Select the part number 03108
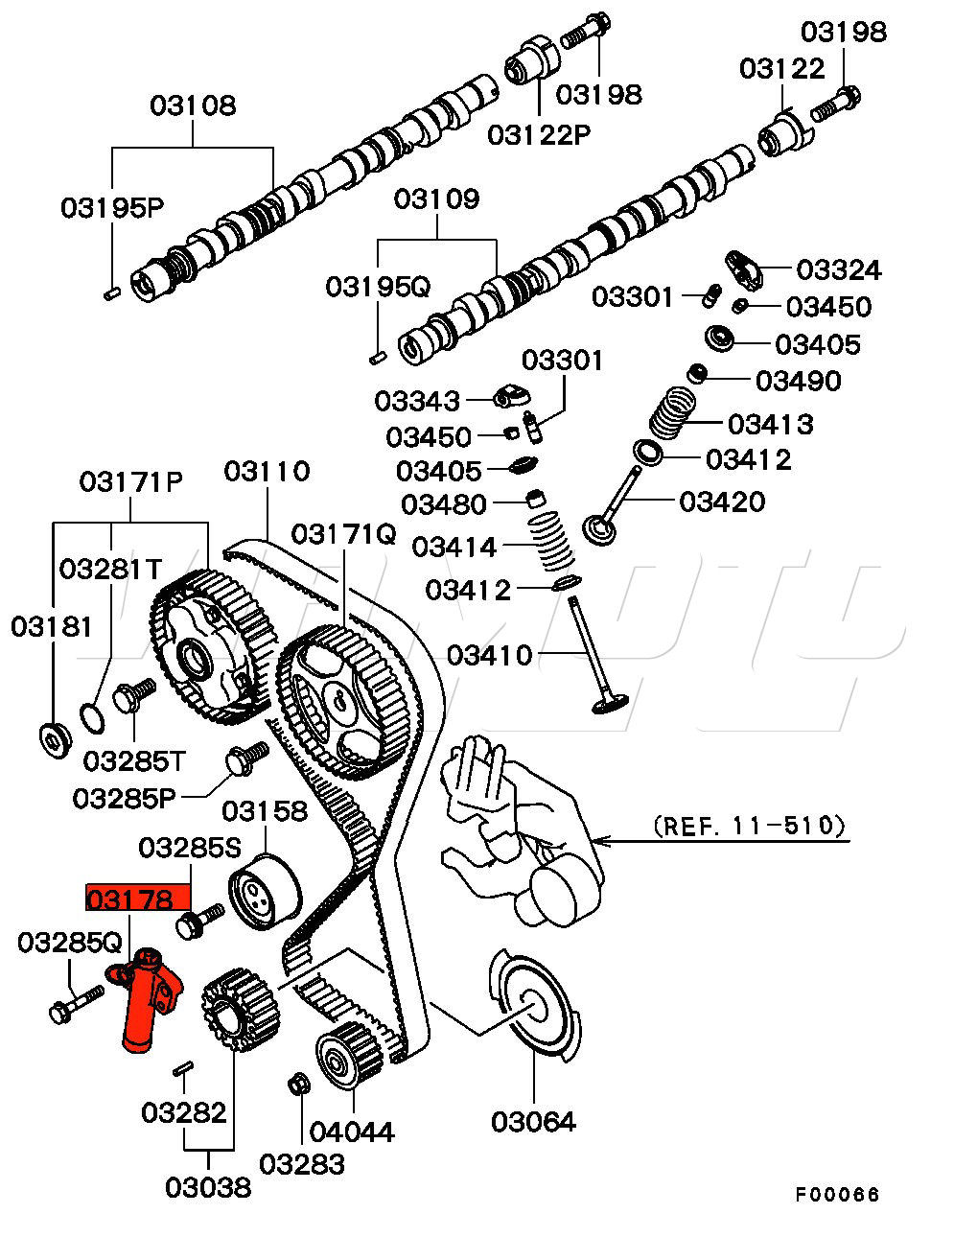(193, 105)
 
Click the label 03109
(437, 199)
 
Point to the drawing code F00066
(837, 1195)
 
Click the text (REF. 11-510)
(750, 826)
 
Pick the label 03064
(534, 1121)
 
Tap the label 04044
(352, 1132)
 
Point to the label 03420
(723, 501)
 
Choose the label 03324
(837, 269)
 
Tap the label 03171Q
(344, 534)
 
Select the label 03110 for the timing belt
(268, 472)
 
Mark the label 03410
(489, 656)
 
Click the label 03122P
(539, 135)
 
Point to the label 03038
(208, 1186)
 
